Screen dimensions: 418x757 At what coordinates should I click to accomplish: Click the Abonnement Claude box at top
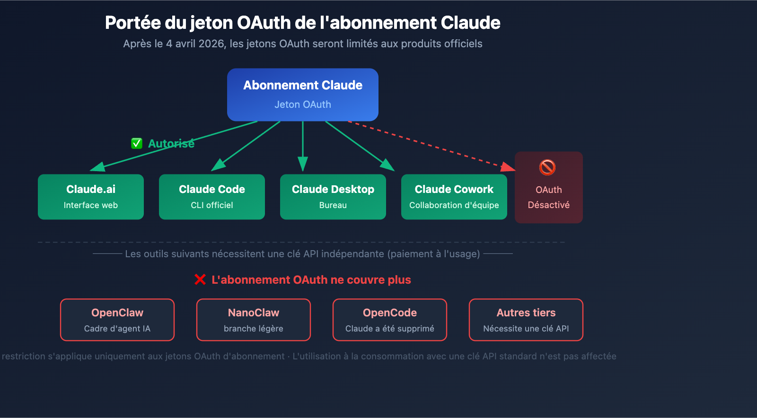tap(303, 95)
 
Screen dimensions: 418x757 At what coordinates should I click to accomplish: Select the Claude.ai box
tap(91, 197)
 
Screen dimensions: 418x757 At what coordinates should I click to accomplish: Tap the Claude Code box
tap(212, 197)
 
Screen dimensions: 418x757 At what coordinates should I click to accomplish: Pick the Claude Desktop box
tap(333, 197)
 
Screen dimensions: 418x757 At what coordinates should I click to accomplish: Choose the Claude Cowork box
tap(454, 197)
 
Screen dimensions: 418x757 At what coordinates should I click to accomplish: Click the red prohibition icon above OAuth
tap(547, 167)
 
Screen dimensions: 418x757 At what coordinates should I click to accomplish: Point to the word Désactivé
tap(549, 205)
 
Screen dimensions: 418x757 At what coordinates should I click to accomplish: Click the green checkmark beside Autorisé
tap(137, 143)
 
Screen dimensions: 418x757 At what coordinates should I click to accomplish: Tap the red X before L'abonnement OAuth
tap(200, 280)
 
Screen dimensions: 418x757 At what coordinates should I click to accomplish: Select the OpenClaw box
tap(117, 320)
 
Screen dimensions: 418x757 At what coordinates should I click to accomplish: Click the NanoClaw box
tap(254, 320)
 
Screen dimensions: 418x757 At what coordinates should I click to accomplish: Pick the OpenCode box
tap(390, 320)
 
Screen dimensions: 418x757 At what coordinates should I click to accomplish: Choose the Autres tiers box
tap(526, 320)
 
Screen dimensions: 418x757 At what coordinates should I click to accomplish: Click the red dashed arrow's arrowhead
tap(508, 167)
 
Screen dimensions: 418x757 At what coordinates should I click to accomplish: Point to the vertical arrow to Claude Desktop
tap(303, 147)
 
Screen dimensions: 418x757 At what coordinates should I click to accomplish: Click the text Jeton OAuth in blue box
tap(303, 104)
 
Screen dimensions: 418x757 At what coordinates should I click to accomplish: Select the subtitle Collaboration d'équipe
tap(454, 205)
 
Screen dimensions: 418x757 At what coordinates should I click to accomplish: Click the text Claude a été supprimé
tap(390, 329)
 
